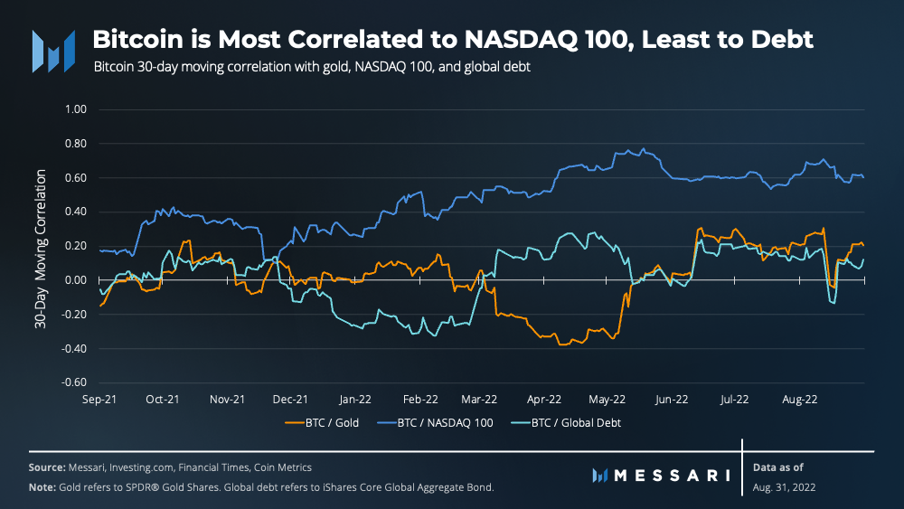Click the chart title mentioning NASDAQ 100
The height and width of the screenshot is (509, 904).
453,40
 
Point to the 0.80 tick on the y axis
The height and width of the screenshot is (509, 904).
75,144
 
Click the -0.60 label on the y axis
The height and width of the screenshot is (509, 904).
73,382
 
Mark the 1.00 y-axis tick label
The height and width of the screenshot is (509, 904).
75,109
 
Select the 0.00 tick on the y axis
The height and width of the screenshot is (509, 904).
75,280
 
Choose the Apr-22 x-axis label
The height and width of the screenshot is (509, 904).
544,399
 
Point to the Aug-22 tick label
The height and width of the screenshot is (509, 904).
799,399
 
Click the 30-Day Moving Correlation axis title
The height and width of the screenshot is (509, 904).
41,246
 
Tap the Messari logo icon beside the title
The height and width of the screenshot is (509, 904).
53,51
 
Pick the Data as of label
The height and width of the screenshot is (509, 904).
777,467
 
